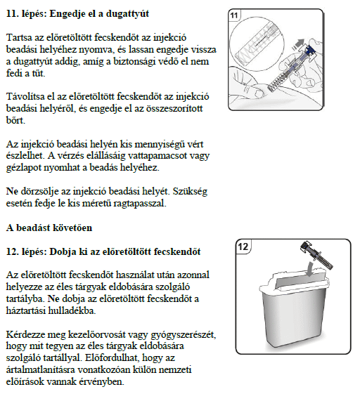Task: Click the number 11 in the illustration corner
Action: pos(234,15)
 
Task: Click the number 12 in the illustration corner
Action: pos(243,247)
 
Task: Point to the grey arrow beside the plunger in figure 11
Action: pos(299,44)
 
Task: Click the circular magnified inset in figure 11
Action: pos(257,44)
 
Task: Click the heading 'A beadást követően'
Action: pos(49,228)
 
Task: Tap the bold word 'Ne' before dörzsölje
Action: pos(12,191)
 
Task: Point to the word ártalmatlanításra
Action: pos(40,369)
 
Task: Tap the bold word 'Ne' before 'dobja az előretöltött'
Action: pos(53,298)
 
